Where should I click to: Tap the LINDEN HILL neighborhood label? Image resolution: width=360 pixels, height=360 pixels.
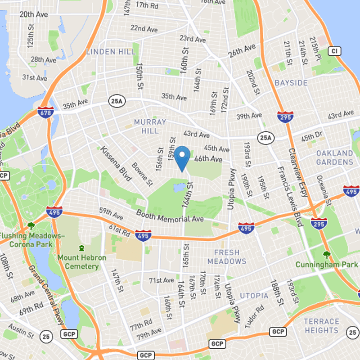coord(111,52)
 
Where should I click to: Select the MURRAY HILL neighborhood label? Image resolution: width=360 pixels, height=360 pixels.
coord(150,126)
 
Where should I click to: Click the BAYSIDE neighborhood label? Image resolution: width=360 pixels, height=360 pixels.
coord(291,83)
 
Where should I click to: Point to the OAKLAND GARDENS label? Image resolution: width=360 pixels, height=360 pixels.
coord(334,157)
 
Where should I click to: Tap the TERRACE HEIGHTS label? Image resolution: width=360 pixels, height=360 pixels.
coord(321,326)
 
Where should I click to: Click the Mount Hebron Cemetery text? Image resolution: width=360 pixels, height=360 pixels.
coord(82,262)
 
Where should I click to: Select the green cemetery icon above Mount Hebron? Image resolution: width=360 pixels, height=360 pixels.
coord(81,248)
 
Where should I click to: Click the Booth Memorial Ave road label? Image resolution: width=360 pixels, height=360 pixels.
coord(170,216)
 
